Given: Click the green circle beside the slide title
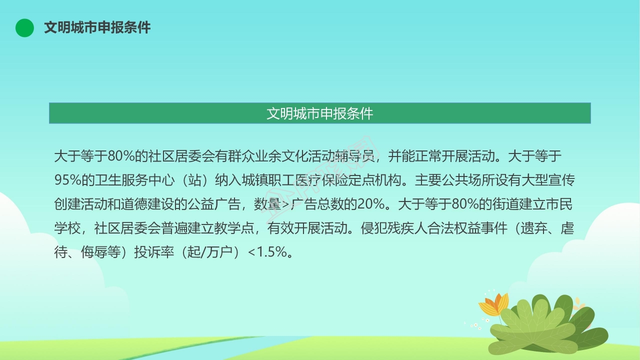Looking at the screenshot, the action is point(24,27).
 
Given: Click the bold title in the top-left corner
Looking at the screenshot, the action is point(97,27).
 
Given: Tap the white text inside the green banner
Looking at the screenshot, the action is point(319,113).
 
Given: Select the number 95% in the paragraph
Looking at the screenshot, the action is point(67,180).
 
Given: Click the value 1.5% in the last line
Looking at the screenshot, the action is point(272,252).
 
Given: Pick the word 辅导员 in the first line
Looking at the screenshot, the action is point(355,156).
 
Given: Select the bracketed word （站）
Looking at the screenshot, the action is point(195,180).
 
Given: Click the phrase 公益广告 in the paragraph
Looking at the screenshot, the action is point(214,204).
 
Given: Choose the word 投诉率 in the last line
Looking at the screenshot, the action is point(154,252).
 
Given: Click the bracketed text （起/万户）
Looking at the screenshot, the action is point(211,252).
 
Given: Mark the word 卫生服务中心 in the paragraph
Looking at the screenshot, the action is point(134,180).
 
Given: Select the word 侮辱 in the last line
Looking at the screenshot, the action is point(94,252).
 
